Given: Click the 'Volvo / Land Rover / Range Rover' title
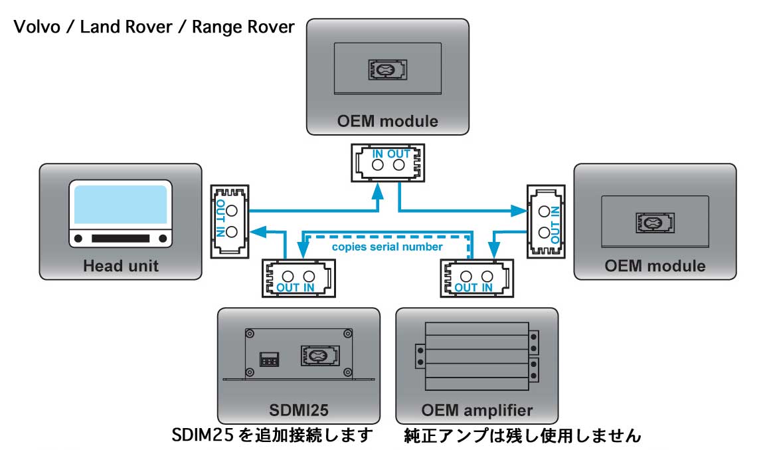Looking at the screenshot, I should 153,28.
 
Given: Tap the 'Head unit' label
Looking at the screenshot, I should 120,266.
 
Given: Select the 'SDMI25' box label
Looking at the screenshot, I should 298,407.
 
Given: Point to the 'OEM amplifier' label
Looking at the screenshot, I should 477,408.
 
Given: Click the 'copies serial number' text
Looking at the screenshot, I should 387,247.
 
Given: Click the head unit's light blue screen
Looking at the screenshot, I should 120,204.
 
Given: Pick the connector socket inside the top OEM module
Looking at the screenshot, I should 387,69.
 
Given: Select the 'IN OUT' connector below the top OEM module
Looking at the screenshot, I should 388,162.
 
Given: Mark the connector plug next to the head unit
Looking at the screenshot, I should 230,221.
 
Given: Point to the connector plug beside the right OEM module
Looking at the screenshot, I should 546,221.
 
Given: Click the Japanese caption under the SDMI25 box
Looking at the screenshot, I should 273,436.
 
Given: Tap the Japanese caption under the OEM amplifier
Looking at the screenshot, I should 522,436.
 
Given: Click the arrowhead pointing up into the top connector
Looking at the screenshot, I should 378,191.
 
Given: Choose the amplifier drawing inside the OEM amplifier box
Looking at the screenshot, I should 477,357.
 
